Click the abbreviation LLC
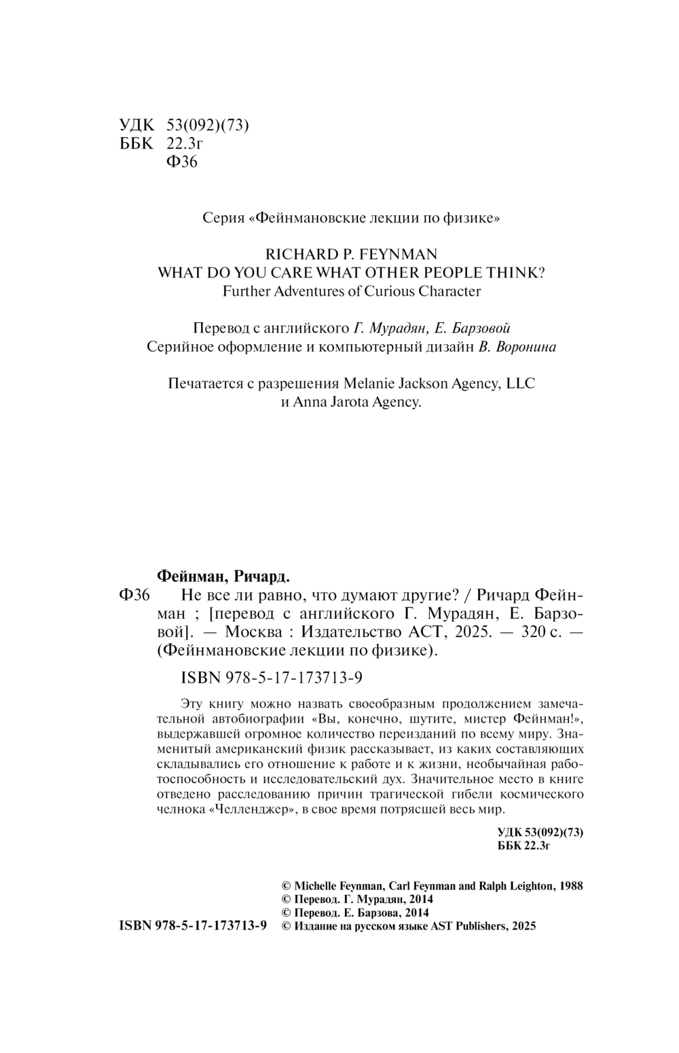521,383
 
